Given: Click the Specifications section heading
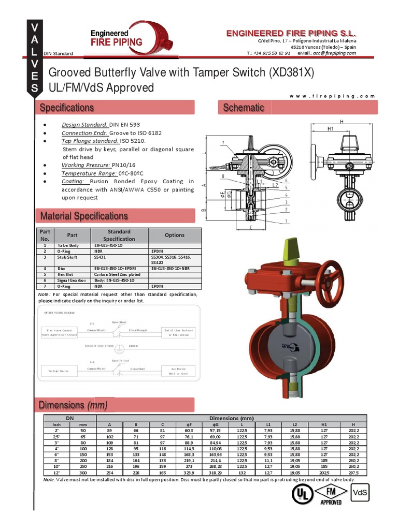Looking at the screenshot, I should point(67,108).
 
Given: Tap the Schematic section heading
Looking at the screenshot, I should point(244,108).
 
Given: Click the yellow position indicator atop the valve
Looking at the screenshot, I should point(289,249).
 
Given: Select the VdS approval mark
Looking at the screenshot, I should point(360,493).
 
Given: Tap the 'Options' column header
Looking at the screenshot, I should point(175,235).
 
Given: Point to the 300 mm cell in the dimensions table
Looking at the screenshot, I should point(83,473).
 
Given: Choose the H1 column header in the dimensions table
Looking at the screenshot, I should point(324,424).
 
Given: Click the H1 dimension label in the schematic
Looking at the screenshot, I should point(330,128).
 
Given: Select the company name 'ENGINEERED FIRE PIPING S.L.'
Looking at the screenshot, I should point(291,33).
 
